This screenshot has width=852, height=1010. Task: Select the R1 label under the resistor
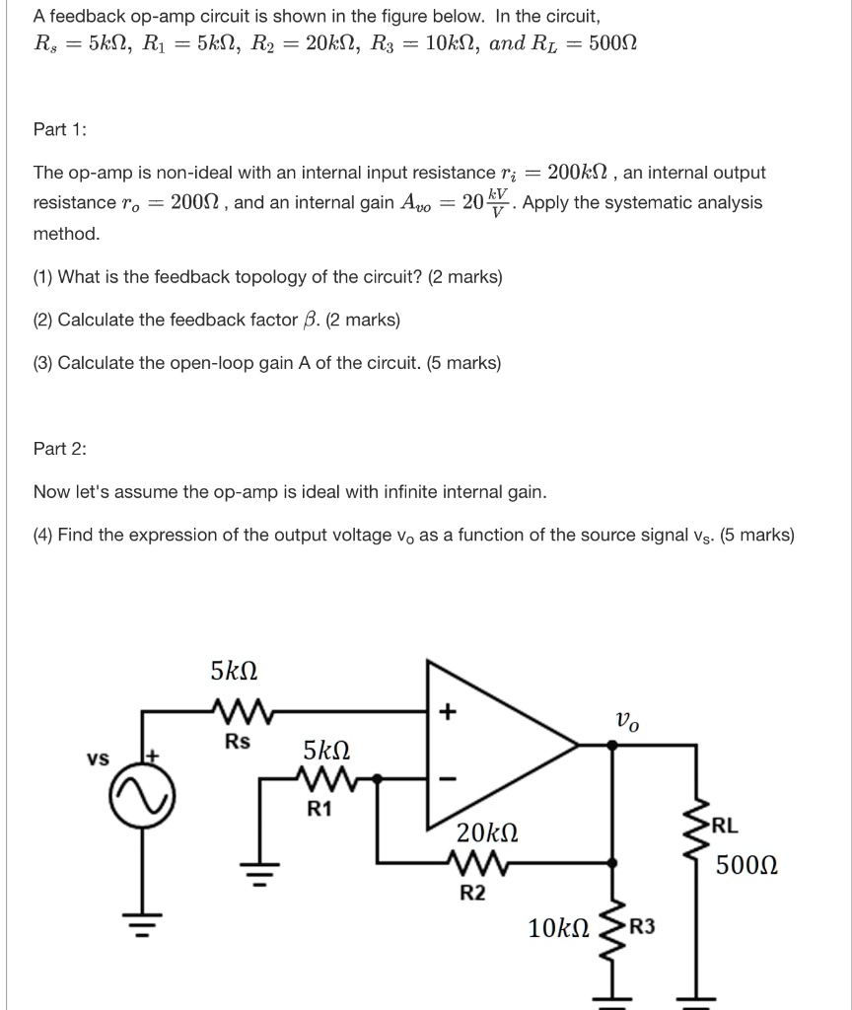319,809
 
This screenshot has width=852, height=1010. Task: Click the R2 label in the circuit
473,894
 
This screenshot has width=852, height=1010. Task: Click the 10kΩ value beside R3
558,927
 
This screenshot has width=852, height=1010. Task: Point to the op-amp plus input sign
449,710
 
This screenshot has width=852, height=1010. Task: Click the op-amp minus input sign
449,779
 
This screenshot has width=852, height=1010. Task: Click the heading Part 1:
60,129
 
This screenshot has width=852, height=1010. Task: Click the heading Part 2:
60,449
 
